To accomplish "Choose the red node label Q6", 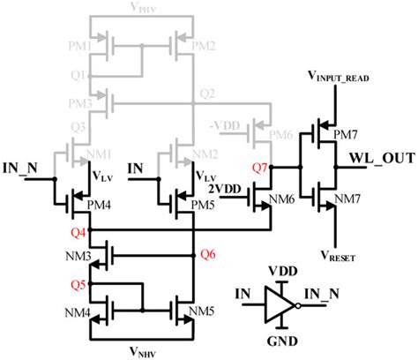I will coord(209,254).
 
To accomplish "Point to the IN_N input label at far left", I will coord(21,164).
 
